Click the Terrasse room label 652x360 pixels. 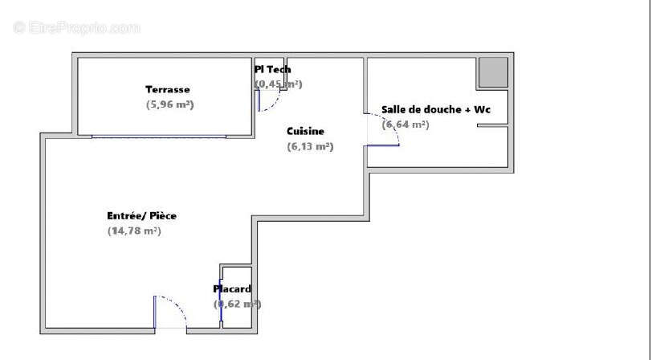point(167,89)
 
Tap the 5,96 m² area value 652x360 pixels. point(169,104)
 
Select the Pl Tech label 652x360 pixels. point(272,70)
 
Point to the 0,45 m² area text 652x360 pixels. point(278,84)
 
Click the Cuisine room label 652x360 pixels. point(305,131)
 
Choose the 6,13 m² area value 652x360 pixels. point(310,146)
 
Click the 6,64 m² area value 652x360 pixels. point(405,125)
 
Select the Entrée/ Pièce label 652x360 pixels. point(141,215)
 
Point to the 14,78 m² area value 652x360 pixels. point(134,231)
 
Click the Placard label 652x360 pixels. point(232,288)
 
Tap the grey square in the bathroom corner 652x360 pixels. point(493,72)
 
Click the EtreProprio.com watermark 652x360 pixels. point(77,27)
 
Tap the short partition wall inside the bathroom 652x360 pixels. point(492,125)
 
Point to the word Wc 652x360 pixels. point(483,109)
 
